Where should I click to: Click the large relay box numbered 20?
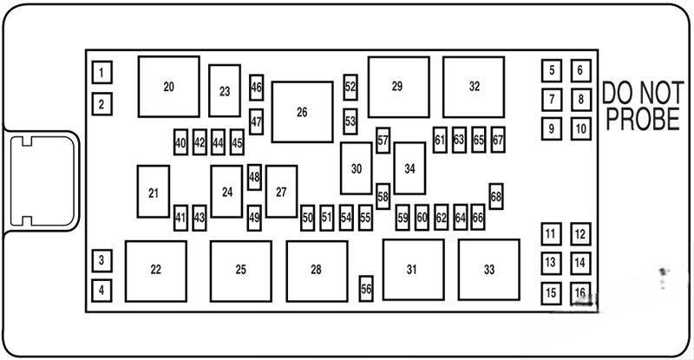168,87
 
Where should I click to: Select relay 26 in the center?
302,112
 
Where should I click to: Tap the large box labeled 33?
489,270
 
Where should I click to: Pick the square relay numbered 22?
155,270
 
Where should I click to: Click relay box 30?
356,168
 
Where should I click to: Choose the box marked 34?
409,168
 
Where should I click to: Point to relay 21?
154,192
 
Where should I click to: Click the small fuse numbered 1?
101,72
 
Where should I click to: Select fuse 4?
101,290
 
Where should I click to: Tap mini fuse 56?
366,290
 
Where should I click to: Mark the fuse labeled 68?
496,196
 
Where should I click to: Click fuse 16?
579,292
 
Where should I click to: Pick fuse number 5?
551,70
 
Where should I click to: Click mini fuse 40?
180,142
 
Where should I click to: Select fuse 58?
383,196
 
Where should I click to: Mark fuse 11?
551,233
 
